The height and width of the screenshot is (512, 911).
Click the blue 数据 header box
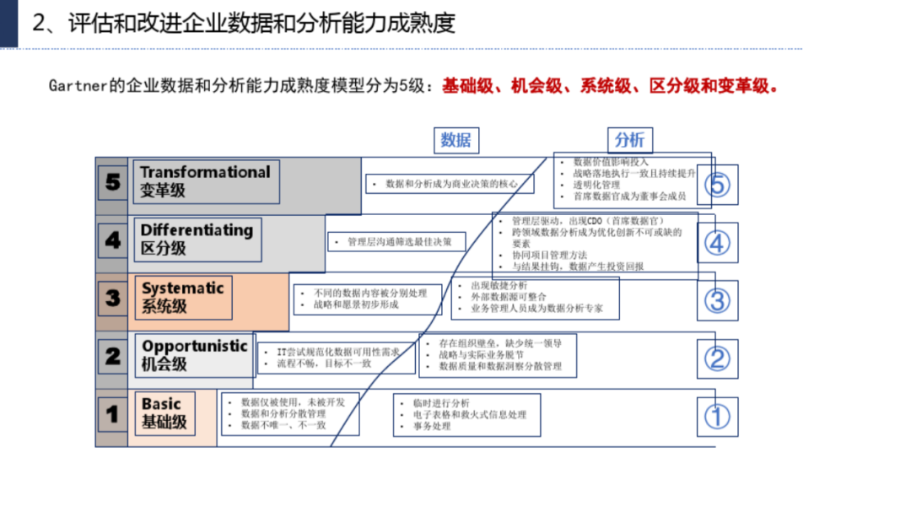pyautogui.click(x=455, y=140)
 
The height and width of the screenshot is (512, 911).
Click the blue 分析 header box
pyautogui.click(x=629, y=140)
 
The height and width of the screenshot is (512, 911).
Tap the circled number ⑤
pyautogui.click(x=717, y=184)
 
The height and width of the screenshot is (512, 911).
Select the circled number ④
pyautogui.click(x=717, y=244)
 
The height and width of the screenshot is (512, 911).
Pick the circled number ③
pyautogui.click(x=717, y=300)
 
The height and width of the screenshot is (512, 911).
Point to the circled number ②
pyautogui.click(x=717, y=358)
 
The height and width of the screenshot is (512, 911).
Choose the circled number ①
pyautogui.click(x=717, y=416)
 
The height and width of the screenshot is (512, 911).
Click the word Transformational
pyautogui.click(x=205, y=172)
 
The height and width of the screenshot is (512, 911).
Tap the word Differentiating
pyautogui.click(x=197, y=230)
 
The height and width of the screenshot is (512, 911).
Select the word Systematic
pyautogui.click(x=183, y=288)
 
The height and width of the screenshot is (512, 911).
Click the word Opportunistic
pyautogui.click(x=194, y=346)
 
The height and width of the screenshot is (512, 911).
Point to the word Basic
pyautogui.click(x=161, y=404)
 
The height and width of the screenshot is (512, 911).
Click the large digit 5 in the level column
pyautogui.click(x=113, y=181)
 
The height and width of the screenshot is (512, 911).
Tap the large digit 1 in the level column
pyautogui.click(x=112, y=414)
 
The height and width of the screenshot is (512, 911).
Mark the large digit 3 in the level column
pyautogui.click(x=113, y=298)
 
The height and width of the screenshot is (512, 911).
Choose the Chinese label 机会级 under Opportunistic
pyautogui.click(x=164, y=364)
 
